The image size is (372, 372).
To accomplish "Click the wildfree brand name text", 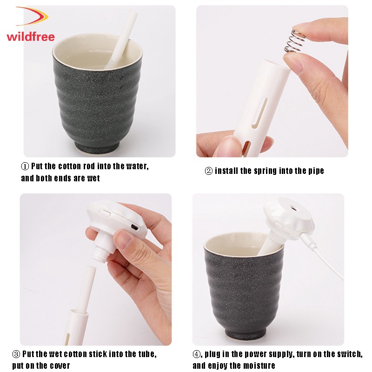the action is click(31, 37).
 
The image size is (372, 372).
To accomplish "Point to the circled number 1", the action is click(25, 166).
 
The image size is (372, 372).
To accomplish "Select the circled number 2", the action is click(208, 171).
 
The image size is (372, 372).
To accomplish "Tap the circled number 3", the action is click(16, 354).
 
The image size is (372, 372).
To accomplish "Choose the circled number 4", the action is click(196, 354).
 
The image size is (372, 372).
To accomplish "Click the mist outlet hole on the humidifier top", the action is click(294, 209).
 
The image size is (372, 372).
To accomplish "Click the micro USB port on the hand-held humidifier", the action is click(135, 227).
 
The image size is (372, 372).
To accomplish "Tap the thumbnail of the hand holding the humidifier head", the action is click(123, 239).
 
